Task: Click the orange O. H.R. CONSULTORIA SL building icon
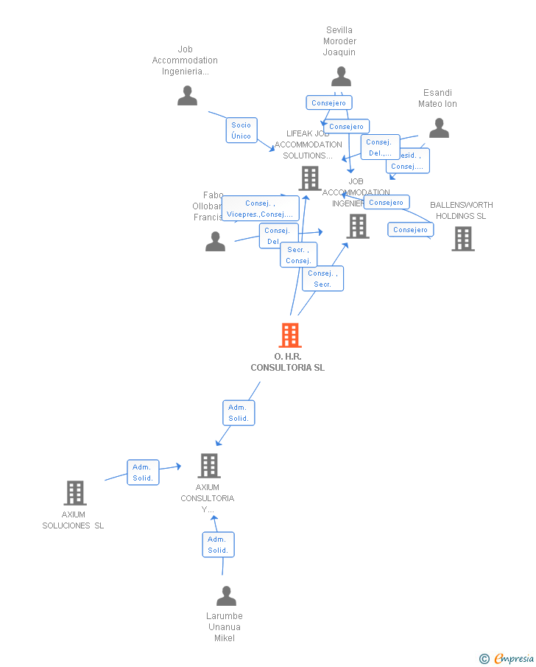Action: coord(290,335)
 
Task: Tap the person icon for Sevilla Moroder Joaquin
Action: coord(341,77)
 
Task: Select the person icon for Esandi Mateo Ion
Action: coord(439,128)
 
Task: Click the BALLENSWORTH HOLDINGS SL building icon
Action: coord(462,239)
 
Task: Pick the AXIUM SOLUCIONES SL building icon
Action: coord(74,493)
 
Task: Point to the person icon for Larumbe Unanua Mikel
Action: coord(226,596)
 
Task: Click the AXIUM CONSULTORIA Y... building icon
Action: coord(209,466)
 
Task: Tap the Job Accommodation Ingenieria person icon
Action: coord(187,96)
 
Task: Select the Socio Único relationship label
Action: coord(241,130)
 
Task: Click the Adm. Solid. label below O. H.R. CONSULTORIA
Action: coord(239,413)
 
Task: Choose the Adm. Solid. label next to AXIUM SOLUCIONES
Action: coord(142,472)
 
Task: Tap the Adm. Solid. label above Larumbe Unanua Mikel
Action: coord(218,545)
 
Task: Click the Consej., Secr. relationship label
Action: coord(322,279)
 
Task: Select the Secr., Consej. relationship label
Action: coord(298,255)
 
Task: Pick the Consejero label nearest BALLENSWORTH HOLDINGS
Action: coord(410,230)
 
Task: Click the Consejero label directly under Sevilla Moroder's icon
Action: coord(328,103)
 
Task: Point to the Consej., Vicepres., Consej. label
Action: coord(260,209)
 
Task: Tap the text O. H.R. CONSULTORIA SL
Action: coord(287,362)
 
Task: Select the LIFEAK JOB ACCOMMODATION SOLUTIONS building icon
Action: coord(309,178)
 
